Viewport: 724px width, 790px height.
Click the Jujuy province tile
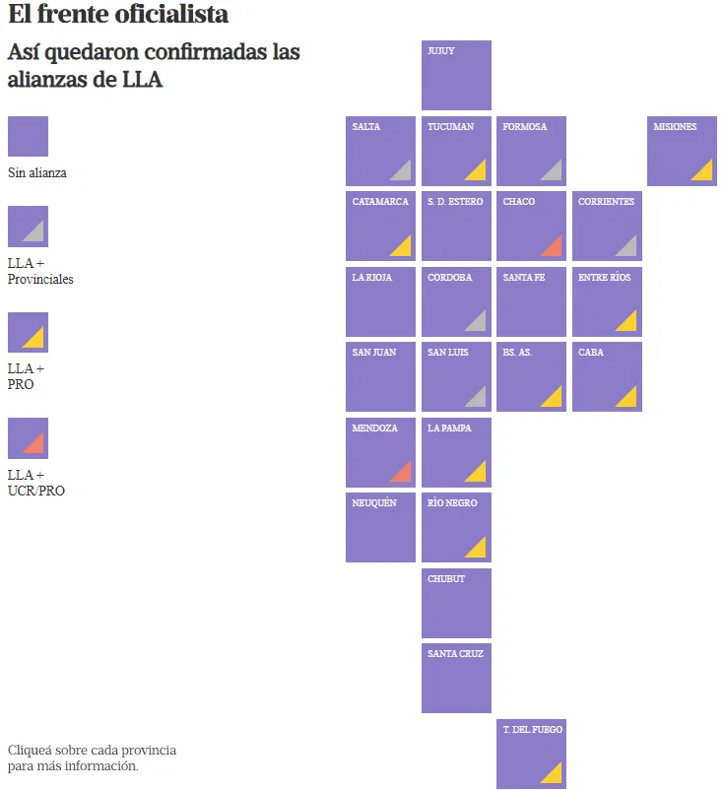pos(456,76)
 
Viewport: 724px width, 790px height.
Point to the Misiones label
pos(675,127)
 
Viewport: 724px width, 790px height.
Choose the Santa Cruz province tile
pos(456,679)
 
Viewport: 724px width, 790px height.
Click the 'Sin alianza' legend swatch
pos(28,136)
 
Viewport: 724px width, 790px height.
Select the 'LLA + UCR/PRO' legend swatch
pos(28,438)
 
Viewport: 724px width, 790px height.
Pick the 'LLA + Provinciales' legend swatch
pos(28,227)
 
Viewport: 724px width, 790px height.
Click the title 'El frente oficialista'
pos(118,15)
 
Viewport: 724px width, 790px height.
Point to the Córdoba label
pos(449,278)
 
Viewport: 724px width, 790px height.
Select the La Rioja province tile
pos(380,302)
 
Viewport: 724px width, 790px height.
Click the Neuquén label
pos(374,503)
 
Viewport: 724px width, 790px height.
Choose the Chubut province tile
pos(456,603)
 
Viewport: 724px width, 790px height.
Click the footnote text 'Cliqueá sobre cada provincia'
pos(92,751)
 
